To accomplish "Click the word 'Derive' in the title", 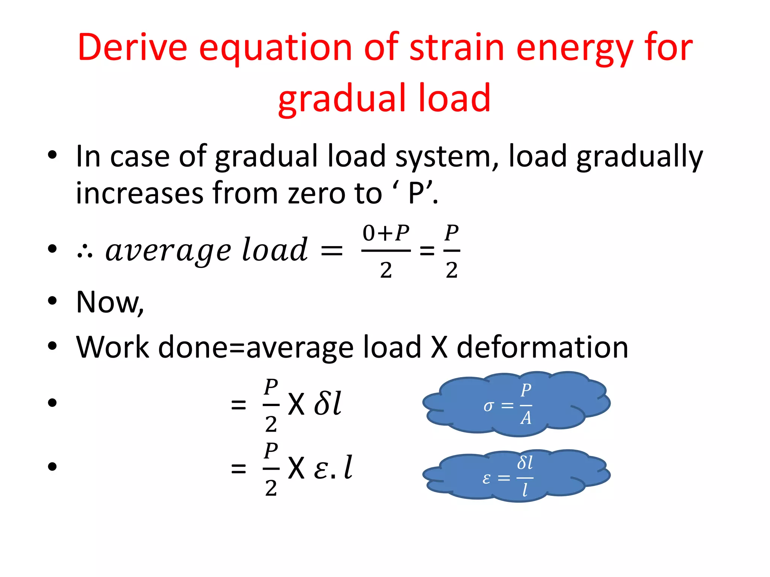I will pos(132,47).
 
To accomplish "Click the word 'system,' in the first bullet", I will pos(447,157).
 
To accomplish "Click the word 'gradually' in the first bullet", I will pos(639,157).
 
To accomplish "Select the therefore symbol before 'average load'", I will pos(85,252).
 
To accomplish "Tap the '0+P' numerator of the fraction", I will pos(386,233).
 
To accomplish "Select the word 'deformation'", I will pos(542,347).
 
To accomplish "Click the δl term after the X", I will pos(328,403).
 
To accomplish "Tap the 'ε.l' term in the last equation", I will pos(333,468).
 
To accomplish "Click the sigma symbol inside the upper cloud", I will pos(488,406).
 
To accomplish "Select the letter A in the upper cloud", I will pos(526,418).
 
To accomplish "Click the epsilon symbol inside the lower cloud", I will pos(487,478).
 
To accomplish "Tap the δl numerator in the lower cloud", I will pos(525,463).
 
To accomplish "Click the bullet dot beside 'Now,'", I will pos(52,301).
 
